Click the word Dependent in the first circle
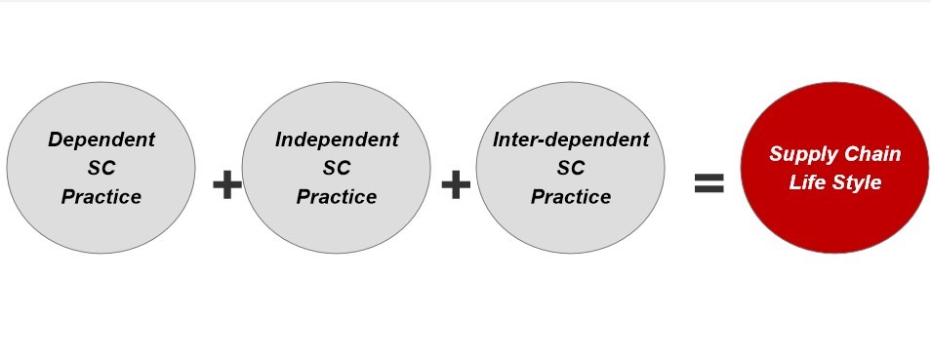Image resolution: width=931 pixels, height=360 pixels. coord(101,140)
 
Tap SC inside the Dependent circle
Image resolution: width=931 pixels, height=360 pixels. coord(101,168)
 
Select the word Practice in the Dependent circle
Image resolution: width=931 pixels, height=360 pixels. coord(101,197)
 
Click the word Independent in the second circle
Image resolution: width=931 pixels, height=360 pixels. coord(337,140)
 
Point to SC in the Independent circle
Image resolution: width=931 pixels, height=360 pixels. coord(337,168)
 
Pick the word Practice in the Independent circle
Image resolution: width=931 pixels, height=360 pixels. coord(337,197)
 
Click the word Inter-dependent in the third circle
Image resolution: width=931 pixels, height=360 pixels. coord(571,140)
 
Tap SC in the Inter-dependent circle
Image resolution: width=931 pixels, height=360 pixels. coord(571,168)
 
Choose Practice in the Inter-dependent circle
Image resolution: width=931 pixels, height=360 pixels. coord(571,197)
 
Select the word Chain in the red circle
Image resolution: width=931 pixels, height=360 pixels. coord(871,154)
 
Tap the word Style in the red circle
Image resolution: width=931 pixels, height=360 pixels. coord(857,182)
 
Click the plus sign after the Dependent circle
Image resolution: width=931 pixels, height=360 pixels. coord(227,184)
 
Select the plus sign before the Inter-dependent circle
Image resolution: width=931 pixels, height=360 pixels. coord(456,184)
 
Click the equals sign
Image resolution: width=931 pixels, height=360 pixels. coord(708,183)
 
